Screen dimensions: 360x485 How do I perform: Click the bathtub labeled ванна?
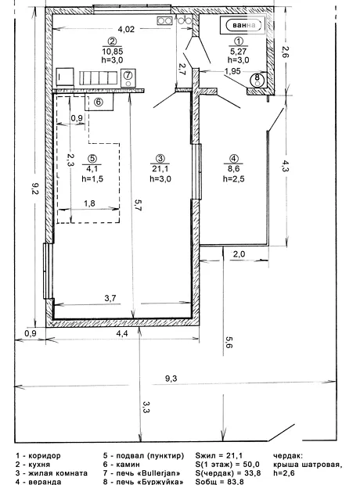243,25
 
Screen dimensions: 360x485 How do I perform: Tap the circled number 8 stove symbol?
257,79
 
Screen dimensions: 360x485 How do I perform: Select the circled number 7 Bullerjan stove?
128,77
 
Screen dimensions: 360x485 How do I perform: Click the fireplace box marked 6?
99,102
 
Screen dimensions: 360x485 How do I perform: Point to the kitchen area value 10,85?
112,51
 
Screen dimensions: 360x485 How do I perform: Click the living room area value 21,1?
160,169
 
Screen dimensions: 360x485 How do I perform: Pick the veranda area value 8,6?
234,169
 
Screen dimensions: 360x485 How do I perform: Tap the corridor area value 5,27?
239,51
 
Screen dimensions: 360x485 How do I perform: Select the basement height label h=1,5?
92,179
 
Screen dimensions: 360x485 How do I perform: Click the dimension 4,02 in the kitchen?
126,29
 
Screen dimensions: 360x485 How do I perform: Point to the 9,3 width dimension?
171,379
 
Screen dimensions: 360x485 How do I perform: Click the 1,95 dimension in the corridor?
232,71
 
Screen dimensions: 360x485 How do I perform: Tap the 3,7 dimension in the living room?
110,298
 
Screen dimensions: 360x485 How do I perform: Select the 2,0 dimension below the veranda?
239,254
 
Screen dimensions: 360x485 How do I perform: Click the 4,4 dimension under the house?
122,333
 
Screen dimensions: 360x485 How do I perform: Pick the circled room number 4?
234,159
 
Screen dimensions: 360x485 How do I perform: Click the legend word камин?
128,465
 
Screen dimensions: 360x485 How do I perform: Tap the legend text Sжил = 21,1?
219,455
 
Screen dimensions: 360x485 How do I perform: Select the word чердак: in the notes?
288,455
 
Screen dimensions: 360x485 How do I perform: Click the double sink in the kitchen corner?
164,20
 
